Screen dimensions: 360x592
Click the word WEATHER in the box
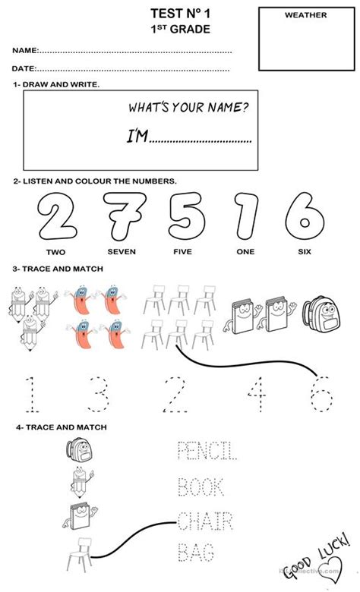tap(305, 15)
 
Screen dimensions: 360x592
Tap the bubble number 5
tap(188, 216)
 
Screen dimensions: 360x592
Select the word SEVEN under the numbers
tap(122, 251)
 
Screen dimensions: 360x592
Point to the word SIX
tap(305, 251)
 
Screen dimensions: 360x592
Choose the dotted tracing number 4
tap(257, 394)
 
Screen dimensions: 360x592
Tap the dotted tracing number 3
tap(99, 394)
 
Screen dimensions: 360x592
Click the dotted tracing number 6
tap(321, 395)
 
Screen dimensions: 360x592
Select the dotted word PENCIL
tap(207, 450)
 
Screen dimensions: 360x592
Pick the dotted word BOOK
tap(201, 487)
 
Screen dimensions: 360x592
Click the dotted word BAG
tap(196, 552)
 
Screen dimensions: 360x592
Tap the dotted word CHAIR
tap(205, 521)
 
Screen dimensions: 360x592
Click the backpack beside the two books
tap(321, 314)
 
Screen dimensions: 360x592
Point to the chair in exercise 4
tap(79, 554)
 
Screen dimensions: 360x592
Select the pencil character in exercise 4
tap(81, 482)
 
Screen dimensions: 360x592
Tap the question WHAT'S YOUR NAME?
tap(188, 108)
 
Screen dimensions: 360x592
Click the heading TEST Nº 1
tap(180, 14)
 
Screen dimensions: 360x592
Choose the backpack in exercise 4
tap(79, 449)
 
